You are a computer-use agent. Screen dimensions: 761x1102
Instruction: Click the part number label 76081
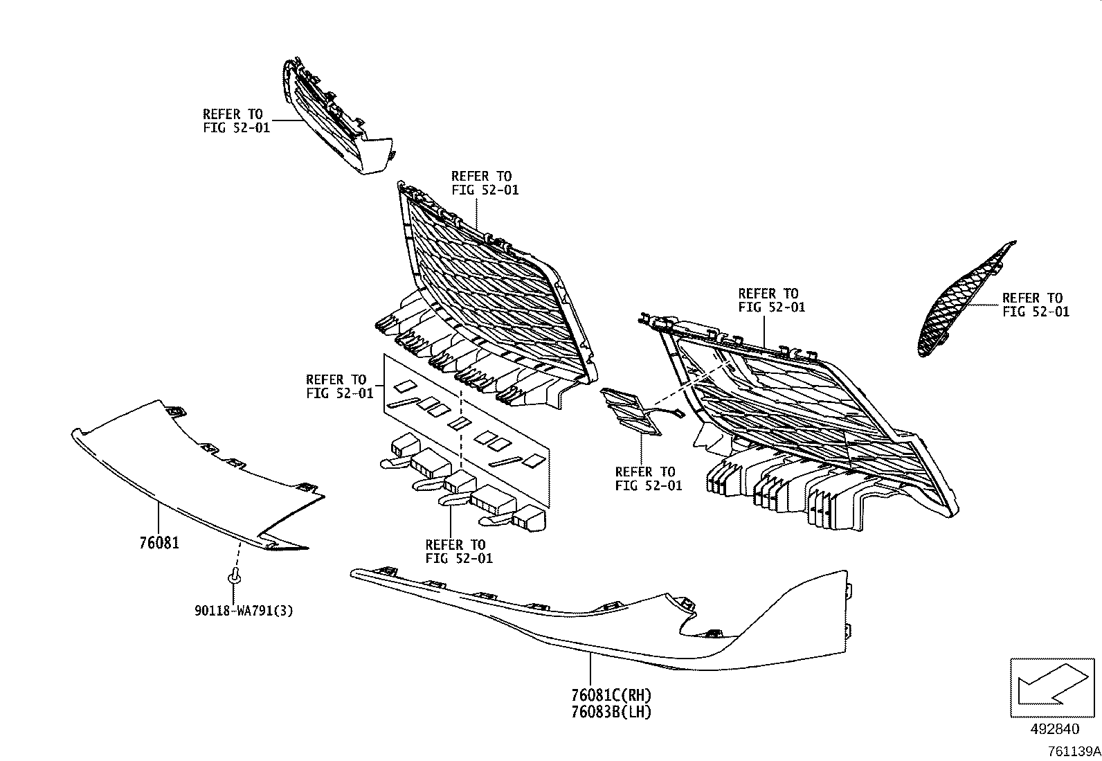pyautogui.click(x=159, y=543)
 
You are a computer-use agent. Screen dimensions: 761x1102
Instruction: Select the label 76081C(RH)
pyautogui.click(x=611, y=695)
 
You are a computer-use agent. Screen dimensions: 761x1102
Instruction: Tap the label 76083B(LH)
pyautogui.click(x=611, y=711)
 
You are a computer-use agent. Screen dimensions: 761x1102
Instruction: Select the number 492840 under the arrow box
pyautogui.click(x=1054, y=728)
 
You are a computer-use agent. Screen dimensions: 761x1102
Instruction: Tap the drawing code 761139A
pyautogui.click(x=1073, y=751)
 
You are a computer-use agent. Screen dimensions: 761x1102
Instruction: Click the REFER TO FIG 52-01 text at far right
pyautogui.click(x=1036, y=305)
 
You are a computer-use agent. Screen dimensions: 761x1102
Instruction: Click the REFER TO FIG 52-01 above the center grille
pyautogui.click(x=484, y=183)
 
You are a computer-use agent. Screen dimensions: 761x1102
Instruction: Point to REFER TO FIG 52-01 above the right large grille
pyautogui.click(x=771, y=300)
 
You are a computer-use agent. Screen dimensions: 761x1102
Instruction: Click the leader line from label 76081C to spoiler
pyautogui.click(x=590, y=668)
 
